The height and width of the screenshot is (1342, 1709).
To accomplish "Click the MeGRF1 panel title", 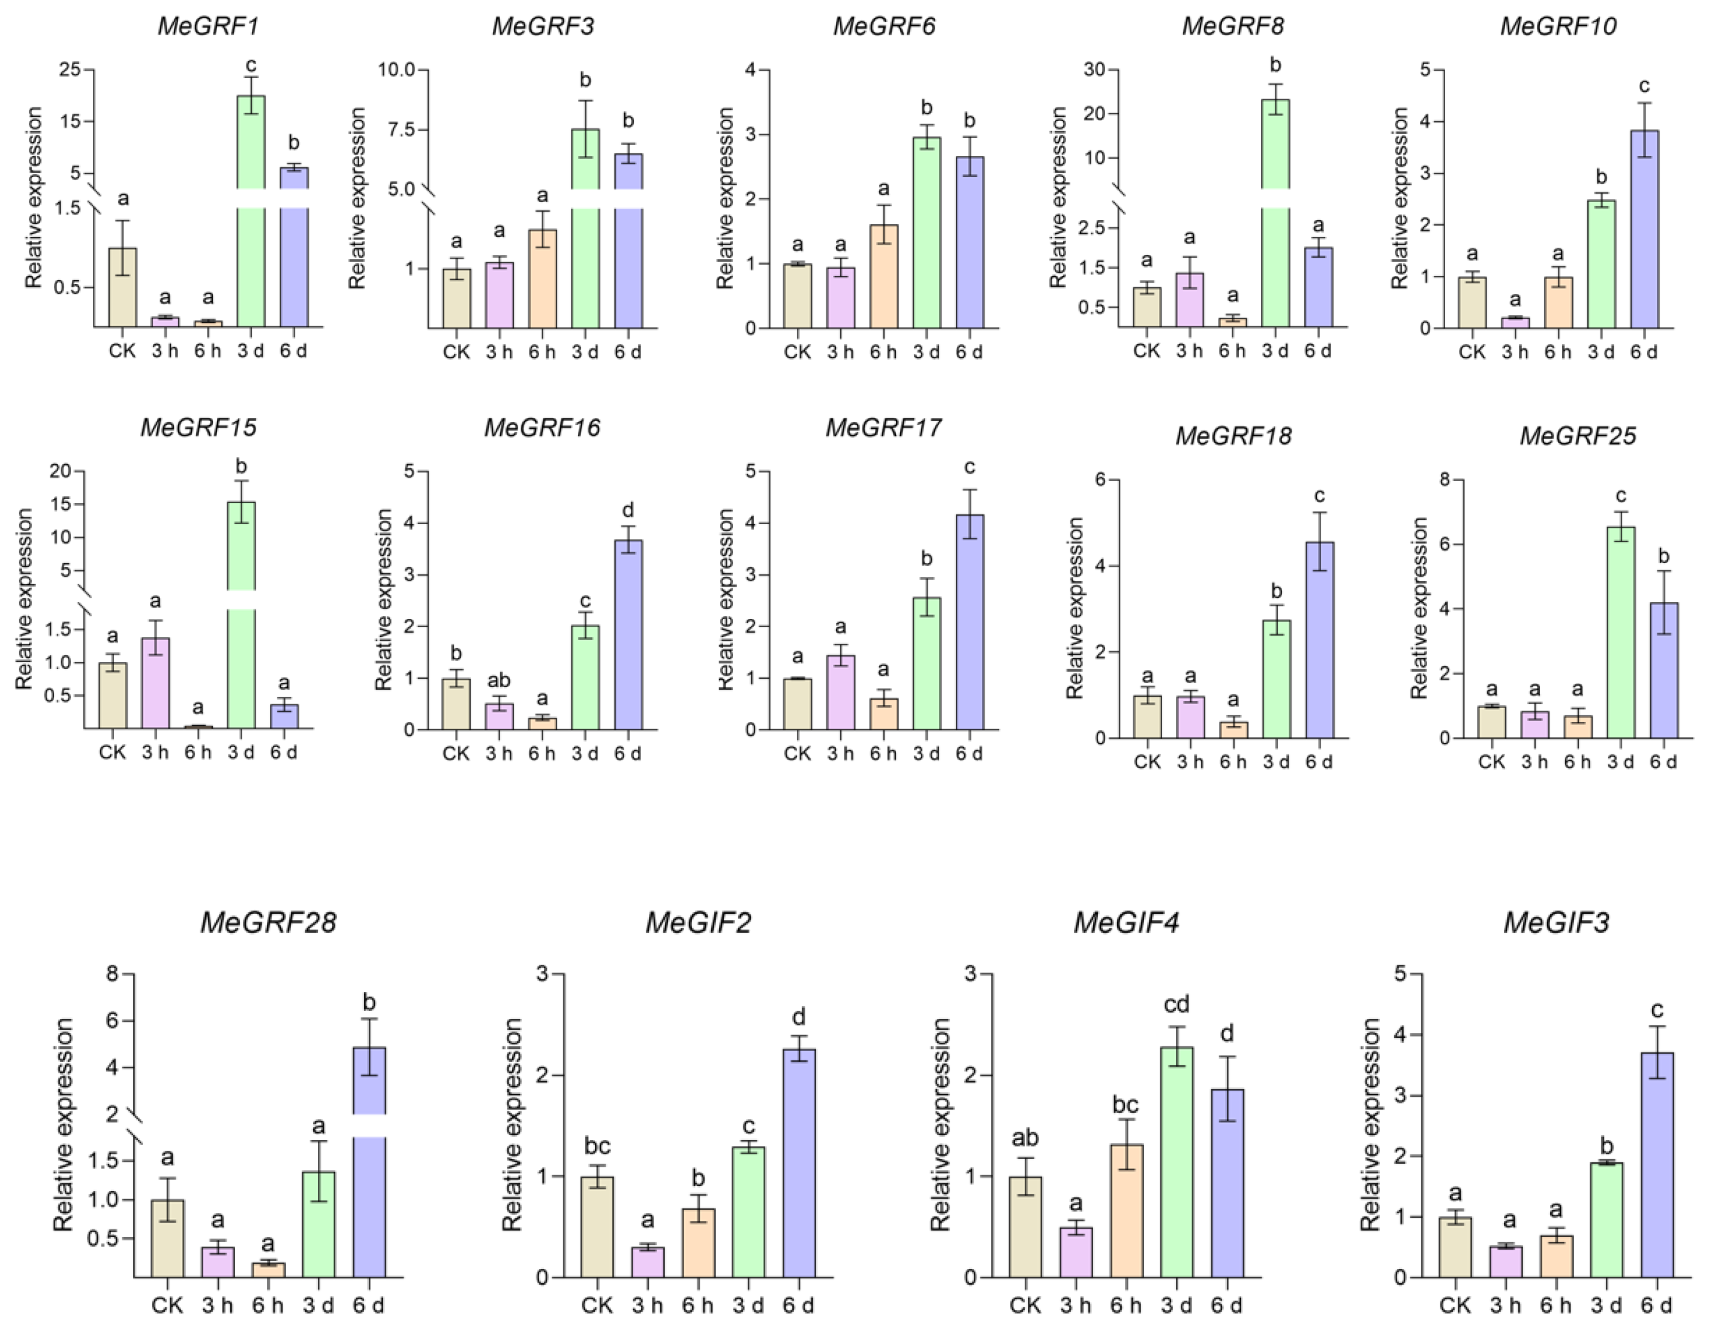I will point(208,26).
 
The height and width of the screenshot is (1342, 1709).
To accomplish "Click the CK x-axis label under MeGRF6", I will point(797,352).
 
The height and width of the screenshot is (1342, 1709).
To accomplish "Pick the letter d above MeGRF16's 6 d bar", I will point(627,511).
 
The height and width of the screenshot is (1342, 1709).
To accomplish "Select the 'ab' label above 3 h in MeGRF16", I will point(498,679).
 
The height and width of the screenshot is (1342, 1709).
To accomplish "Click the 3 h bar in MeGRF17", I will point(840,692).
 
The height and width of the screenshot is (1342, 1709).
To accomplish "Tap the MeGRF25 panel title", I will point(1577,436).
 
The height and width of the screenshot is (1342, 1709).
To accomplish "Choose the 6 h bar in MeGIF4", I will point(1126,1209).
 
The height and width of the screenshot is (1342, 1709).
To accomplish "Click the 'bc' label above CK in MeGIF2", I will point(597,1147).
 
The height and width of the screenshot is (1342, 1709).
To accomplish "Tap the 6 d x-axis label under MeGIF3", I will point(1656,1305).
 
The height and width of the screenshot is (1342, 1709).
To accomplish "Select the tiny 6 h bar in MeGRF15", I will point(198,727).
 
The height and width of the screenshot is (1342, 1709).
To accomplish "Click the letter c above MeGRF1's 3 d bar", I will point(251,65).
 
